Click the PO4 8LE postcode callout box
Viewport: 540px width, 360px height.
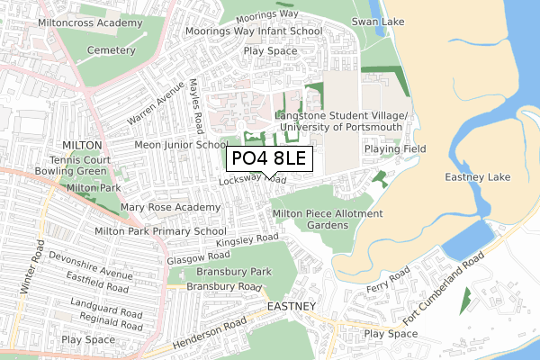coord(268,159)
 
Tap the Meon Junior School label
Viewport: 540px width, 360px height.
coord(180,144)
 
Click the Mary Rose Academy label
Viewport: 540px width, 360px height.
coord(170,207)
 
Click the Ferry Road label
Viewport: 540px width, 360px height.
coord(388,279)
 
